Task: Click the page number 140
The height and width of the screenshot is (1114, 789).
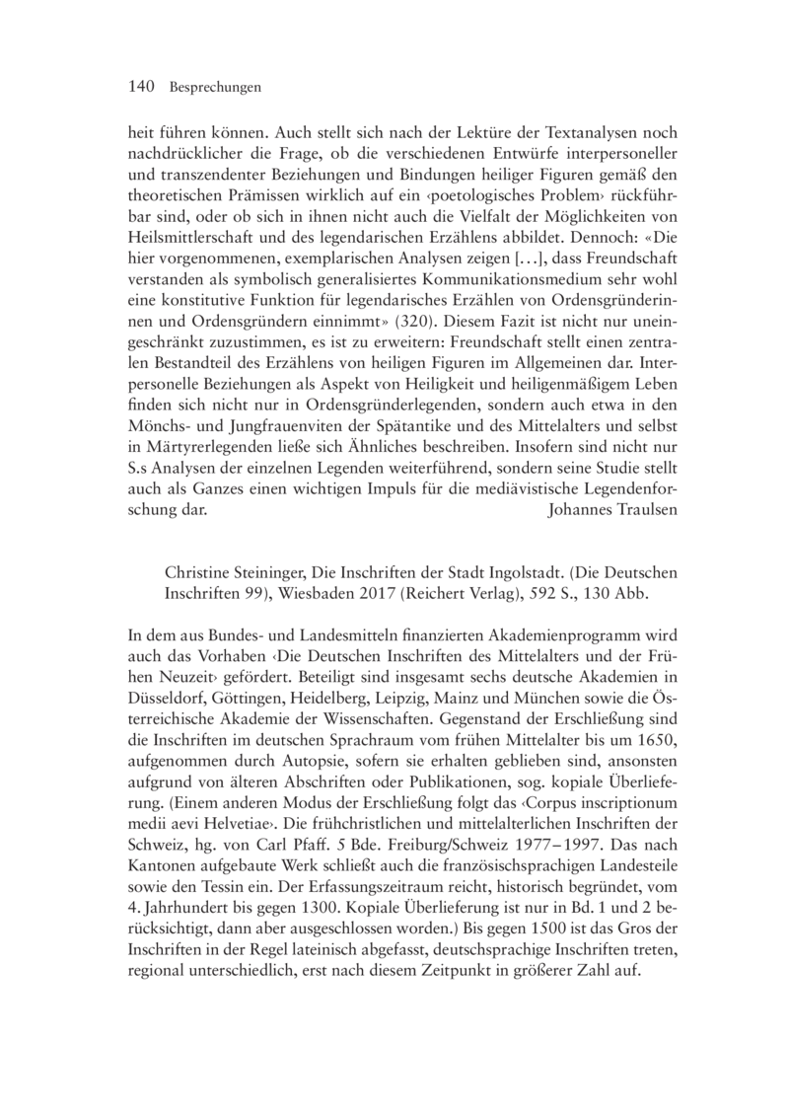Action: pos(143,88)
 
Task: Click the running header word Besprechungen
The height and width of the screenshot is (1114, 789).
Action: pos(215,89)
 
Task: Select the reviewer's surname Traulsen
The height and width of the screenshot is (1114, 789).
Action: pos(624,512)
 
